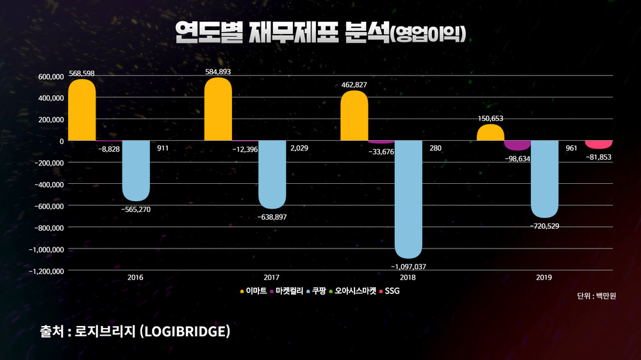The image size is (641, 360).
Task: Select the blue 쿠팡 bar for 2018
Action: coord(408,199)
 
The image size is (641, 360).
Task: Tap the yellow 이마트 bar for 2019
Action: coord(490,133)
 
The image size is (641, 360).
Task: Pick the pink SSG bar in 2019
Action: coord(599,144)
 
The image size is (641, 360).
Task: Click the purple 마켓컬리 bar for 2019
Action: coord(517,145)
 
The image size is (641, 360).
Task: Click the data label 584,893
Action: coord(218,73)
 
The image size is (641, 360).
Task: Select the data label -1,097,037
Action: coord(408,266)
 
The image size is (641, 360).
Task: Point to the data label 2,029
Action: coord(299,148)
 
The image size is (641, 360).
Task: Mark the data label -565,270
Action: coord(136,209)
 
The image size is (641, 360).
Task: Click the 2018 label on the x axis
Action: coord(408,278)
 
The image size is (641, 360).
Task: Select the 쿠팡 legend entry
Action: coord(316,291)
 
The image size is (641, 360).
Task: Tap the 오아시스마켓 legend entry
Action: coord(353,291)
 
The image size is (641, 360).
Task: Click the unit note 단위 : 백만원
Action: coord(596,296)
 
